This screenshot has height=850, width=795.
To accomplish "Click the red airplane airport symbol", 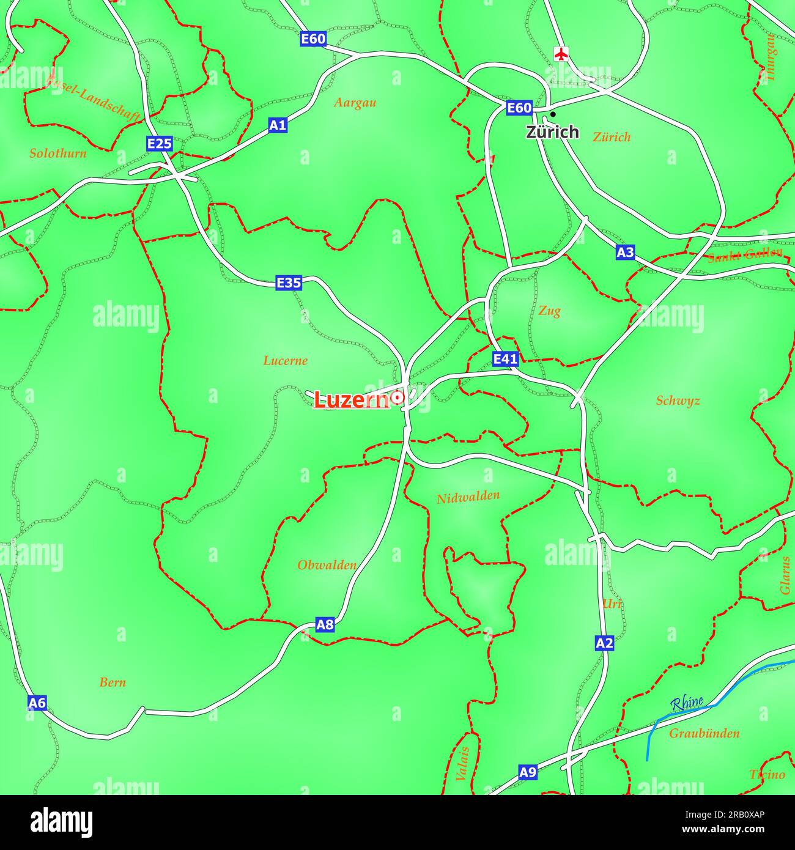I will pos(560,53).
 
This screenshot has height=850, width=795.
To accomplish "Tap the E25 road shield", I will pos(160,144).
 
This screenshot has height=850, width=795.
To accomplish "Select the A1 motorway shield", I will pos(278,125).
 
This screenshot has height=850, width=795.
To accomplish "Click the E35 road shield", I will pos(289,283).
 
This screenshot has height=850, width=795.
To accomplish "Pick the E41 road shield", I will pos(505,358).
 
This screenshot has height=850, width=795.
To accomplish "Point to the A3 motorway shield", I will pos(625,252).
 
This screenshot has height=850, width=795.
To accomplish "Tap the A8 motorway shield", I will pos(325,624).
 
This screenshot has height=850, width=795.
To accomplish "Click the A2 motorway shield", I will pos(604,643).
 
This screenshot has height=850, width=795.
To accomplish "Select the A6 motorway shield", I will pos(37,703).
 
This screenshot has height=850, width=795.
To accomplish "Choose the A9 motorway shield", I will pos(528,772).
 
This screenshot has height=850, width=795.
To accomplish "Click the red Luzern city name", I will pos(352,400).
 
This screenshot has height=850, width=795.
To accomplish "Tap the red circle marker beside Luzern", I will pos(398,397).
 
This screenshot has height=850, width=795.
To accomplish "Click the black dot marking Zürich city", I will pos(553,114).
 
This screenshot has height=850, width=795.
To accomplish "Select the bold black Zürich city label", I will pos(552,131).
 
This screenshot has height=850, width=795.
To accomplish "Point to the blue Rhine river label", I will pos(687,703).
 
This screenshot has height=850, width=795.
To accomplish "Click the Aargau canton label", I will pos(355,102).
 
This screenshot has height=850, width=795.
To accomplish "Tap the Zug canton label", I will pos(549,311).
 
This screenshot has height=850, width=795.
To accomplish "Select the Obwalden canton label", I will pos(327,565).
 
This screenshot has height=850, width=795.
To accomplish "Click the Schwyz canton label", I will pos(678,401).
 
